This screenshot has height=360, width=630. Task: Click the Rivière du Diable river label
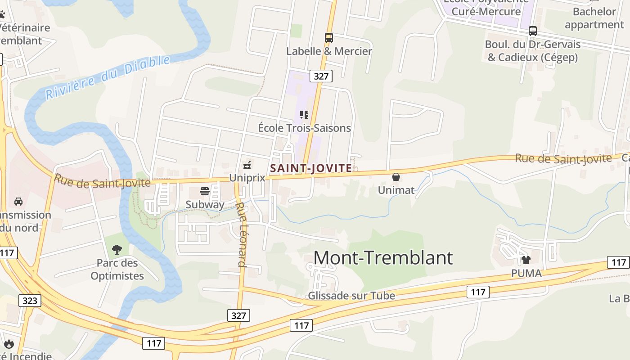pos(108,77)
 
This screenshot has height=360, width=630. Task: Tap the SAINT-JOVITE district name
pos(311,168)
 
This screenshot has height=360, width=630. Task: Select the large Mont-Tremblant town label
pos(383,258)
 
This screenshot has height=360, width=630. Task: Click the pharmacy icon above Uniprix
pos(247,165)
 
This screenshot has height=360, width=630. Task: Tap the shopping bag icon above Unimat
pos(396,177)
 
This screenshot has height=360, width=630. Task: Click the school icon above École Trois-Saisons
pos(304,115)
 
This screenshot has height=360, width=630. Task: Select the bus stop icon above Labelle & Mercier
pos(329,38)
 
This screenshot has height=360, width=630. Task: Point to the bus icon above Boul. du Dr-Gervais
pos(533,31)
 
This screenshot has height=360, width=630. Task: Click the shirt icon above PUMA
pos(526,260)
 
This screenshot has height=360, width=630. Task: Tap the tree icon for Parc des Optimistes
pos(117,249)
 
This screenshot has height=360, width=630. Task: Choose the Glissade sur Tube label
pos(351,296)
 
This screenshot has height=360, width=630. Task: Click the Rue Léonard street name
pos(242,234)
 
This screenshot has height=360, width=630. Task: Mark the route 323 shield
pos(30,301)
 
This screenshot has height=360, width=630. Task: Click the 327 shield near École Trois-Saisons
pos(321,76)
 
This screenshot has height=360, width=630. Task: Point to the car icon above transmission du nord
pos(18,201)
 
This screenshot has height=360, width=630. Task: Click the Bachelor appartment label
pos(594,18)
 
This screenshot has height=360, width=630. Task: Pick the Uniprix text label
pos(247,178)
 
